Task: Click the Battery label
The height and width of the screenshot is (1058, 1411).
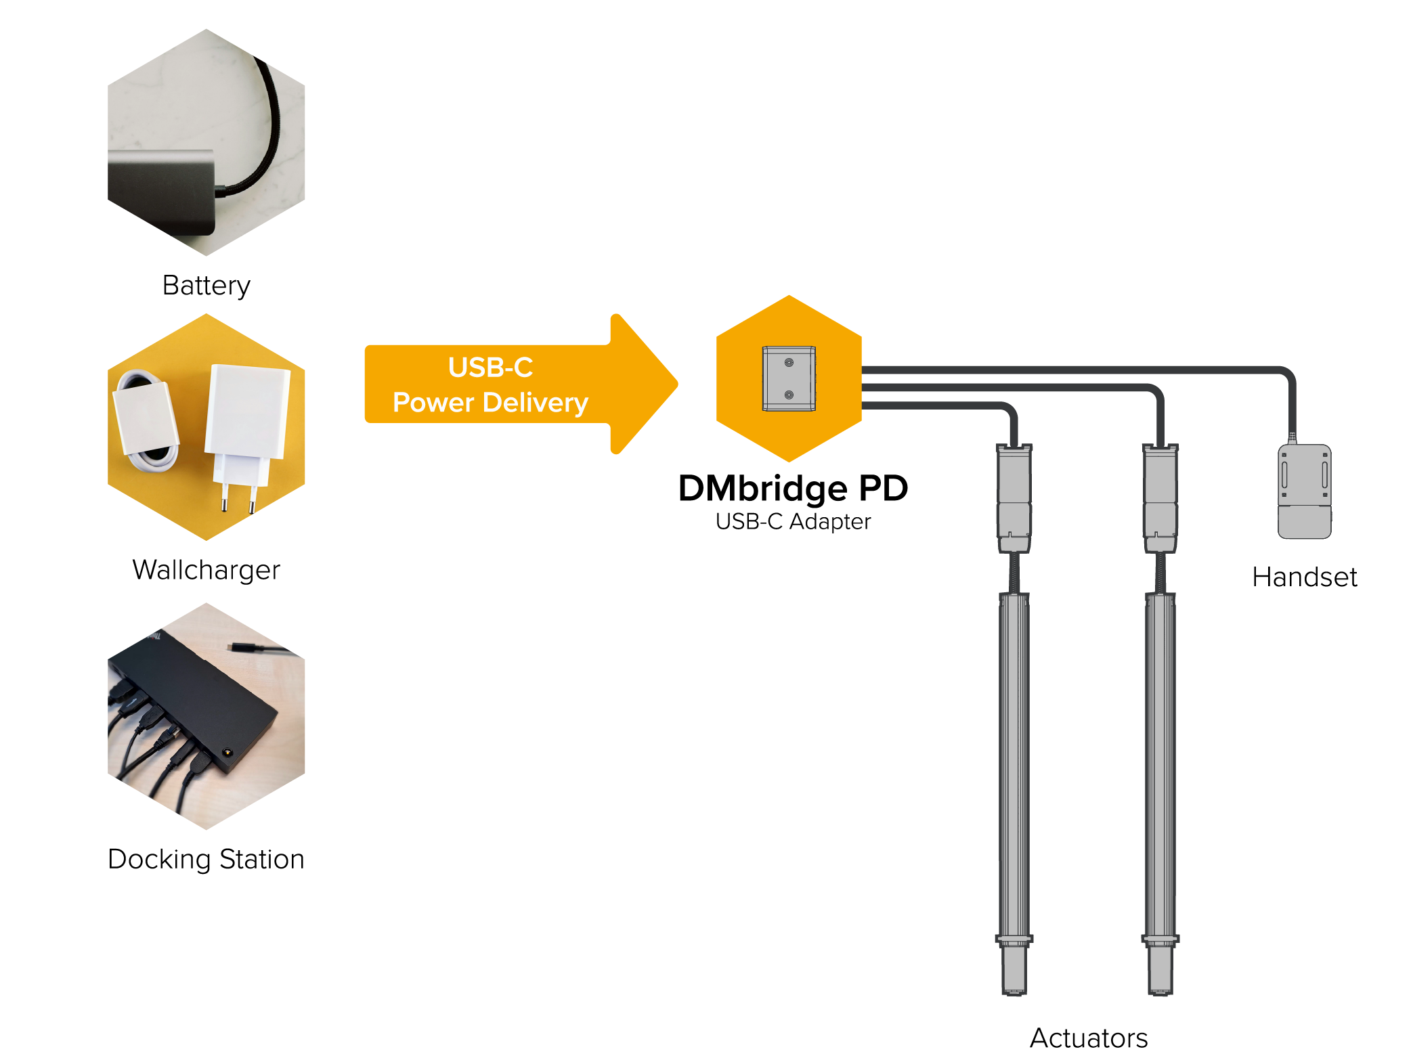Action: pyautogui.click(x=206, y=286)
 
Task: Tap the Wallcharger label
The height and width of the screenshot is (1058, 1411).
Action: pyautogui.click(x=206, y=570)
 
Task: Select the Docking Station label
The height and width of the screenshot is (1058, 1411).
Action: pyautogui.click(x=206, y=859)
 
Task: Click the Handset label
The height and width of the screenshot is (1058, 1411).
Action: pyautogui.click(x=1304, y=577)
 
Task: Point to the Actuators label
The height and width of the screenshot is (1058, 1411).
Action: pyautogui.click(x=1088, y=1038)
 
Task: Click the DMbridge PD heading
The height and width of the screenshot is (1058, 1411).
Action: pyautogui.click(x=792, y=488)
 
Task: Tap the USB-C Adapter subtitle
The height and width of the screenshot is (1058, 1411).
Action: pyautogui.click(x=793, y=521)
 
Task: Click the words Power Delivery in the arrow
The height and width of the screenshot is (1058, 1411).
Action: pyautogui.click(x=490, y=403)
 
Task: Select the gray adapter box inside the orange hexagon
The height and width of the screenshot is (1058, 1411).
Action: pyautogui.click(x=789, y=379)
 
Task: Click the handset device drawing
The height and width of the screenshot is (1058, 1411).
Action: pyautogui.click(x=1304, y=491)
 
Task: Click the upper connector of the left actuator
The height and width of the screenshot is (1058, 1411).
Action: pyautogui.click(x=1014, y=498)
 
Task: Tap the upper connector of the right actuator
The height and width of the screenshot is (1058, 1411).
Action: pyautogui.click(x=1160, y=498)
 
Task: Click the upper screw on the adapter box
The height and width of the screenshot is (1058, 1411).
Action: pyautogui.click(x=789, y=363)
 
